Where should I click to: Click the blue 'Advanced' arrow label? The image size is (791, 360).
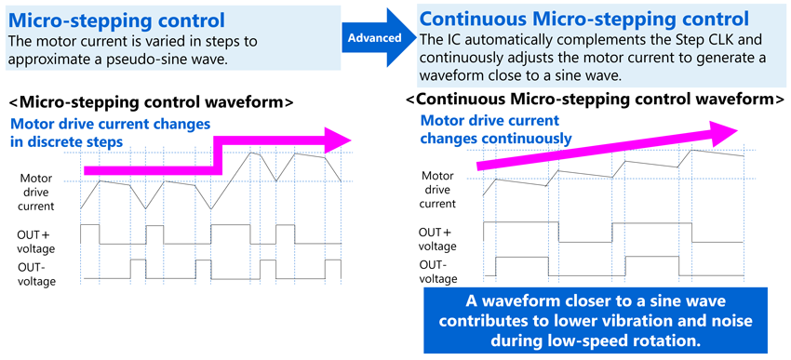click(x=376, y=37)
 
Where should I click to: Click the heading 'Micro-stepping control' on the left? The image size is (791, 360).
click(x=117, y=19)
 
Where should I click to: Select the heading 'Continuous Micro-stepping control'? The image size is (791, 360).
click(x=584, y=18)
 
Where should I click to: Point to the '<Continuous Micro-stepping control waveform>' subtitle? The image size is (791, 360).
click(x=594, y=98)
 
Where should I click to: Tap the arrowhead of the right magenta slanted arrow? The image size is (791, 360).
click(x=730, y=129)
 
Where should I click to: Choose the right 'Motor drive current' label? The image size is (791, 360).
click(x=437, y=189)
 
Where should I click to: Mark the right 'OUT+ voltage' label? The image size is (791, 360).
click(x=437, y=239)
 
